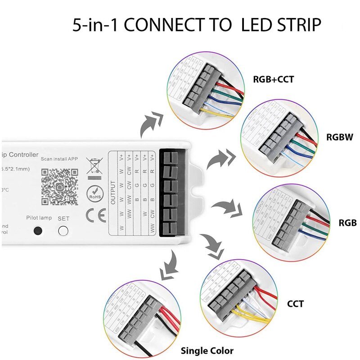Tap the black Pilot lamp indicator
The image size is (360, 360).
point(38,230)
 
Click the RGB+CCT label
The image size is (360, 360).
point(273,80)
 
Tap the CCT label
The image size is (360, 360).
point(295,304)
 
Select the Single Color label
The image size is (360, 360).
point(207,351)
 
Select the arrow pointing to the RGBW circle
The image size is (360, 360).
point(221,159)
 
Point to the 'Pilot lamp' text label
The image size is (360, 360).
point(39,218)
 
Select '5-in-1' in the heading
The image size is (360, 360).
point(95,25)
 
